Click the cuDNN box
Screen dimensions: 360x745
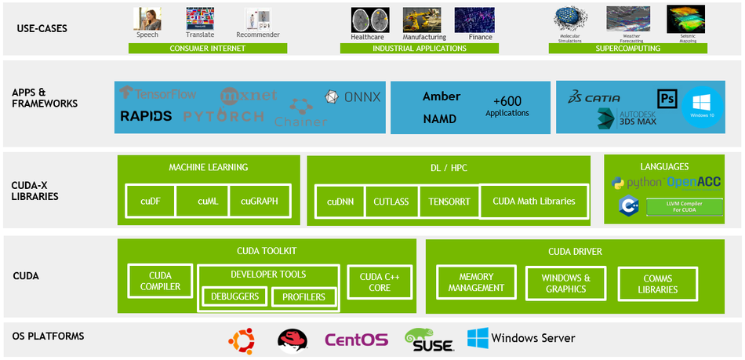[x=340, y=202]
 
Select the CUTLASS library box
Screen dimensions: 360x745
[x=391, y=202]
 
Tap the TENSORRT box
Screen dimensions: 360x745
[x=449, y=202]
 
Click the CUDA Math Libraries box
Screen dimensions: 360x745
[x=533, y=201]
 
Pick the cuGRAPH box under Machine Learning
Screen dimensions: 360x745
[x=259, y=201]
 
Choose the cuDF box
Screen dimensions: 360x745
[x=151, y=201]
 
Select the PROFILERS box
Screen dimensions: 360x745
[x=303, y=297]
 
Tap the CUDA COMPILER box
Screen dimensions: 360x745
[x=160, y=282]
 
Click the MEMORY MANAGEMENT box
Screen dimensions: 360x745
[x=477, y=282]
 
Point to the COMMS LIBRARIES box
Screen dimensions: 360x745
[x=657, y=284]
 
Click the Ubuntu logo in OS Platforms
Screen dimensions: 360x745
[x=242, y=339]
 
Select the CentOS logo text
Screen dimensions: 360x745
[x=356, y=340]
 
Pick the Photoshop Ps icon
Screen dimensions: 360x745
[x=667, y=99]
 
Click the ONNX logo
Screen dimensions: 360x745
[x=353, y=97]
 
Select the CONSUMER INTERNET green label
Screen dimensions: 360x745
[x=207, y=49]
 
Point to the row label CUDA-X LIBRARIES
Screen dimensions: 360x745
[x=35, y=191]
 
